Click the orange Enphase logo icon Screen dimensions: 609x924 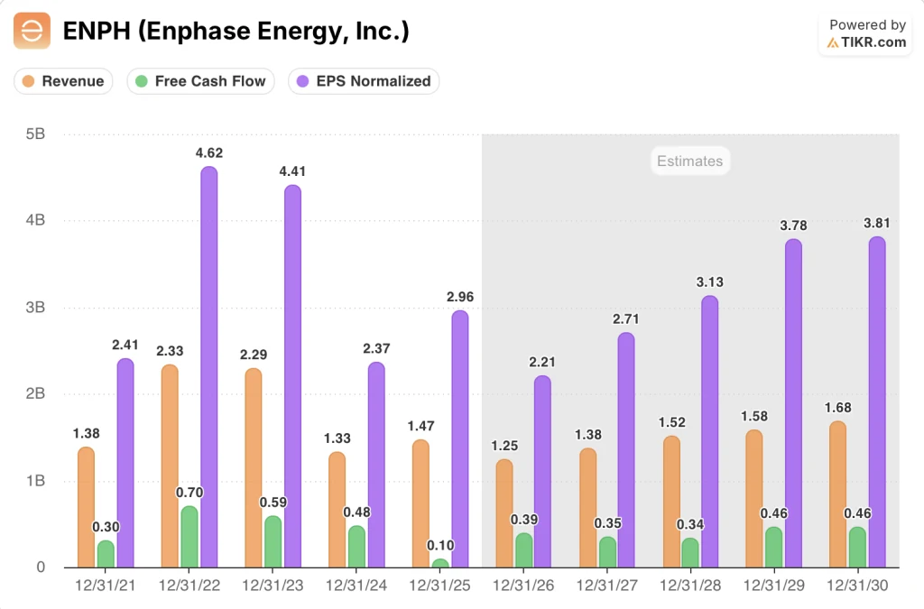coord(32,32)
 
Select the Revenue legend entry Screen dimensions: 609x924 coord(64,81)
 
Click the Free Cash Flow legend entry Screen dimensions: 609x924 coord(200,81)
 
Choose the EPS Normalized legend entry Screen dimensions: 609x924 coord(364,81)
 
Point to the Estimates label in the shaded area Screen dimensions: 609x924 coord(689,161)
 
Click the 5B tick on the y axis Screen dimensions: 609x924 coord(35,134)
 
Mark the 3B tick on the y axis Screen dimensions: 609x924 coord(35,308)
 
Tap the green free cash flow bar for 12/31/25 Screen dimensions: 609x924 coord(439,564)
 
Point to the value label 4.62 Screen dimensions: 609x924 coord(208,153)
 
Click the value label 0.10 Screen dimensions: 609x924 coord(439,546)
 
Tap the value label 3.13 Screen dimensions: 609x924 coord(709,282)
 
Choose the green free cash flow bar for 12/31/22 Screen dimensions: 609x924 coord(189,537)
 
